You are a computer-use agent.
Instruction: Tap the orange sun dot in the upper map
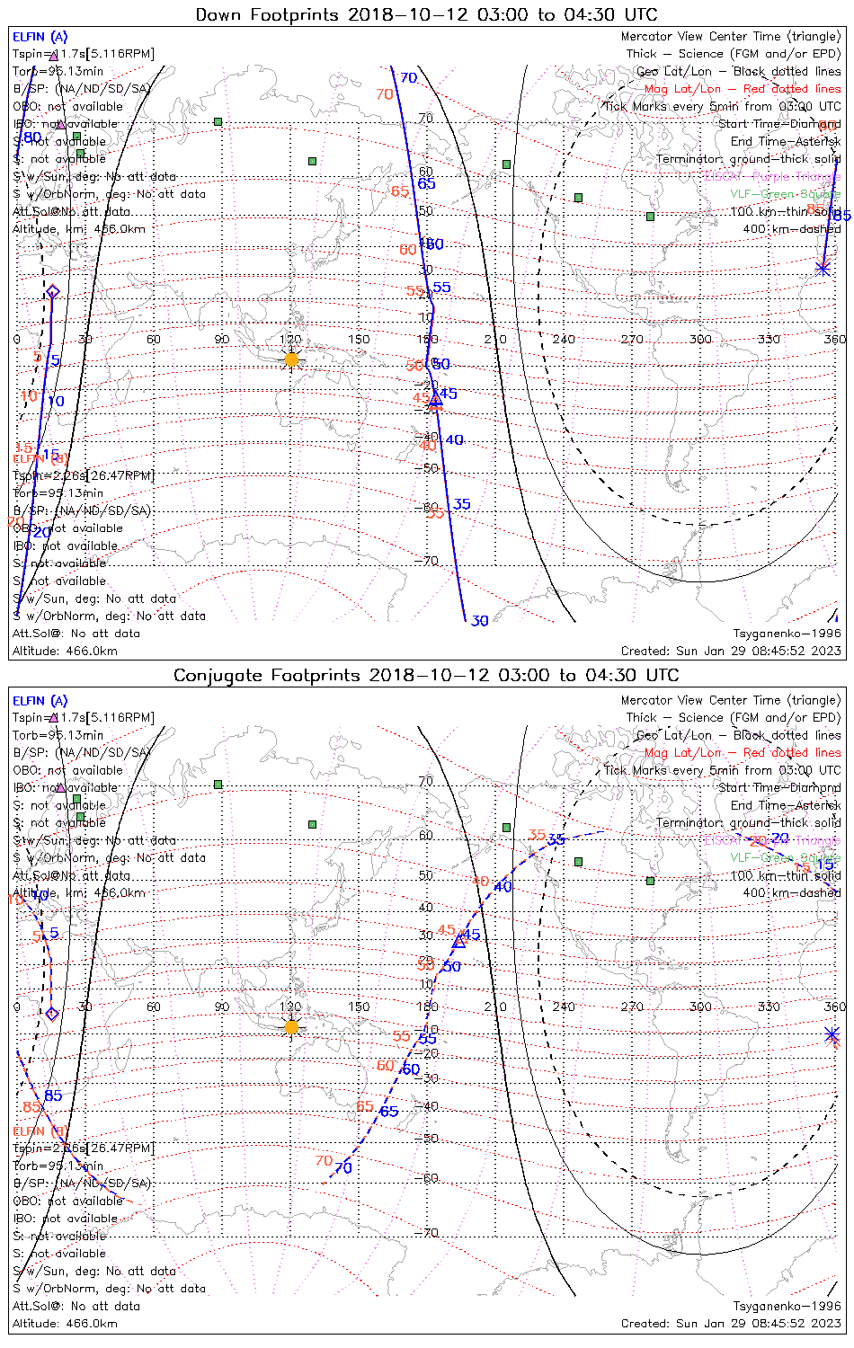(x=291, y=359)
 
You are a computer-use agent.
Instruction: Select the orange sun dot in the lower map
(x=291, y=1027)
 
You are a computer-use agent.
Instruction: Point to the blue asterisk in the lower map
(x=832, y=1034)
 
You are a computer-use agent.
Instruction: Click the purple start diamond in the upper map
(x=52, y=291)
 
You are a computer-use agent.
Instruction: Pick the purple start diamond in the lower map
(x=51, y=1014)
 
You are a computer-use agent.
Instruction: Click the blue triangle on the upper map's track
(x=435, y=400)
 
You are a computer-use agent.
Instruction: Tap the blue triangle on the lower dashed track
(x=459, y=941)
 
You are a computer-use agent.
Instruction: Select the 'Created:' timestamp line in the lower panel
(x=731, y=1324)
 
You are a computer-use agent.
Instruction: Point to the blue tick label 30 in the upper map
(x=480, y=621)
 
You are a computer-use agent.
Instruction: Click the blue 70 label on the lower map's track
(x=342, y=1168)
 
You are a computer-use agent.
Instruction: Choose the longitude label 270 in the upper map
(x=631, y=340)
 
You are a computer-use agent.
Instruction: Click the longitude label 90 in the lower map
(x=222, y=1007)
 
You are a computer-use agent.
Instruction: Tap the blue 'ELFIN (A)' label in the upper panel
(x=40, y=37)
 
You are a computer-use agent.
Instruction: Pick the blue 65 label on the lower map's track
(x=388, y=1112)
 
